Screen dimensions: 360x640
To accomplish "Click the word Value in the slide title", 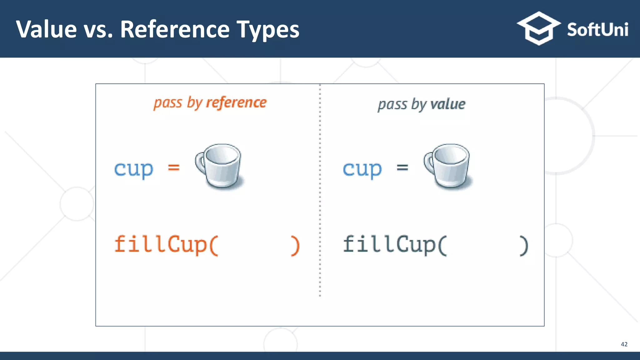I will [x=46, y=29].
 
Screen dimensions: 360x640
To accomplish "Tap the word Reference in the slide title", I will [x=175, y=29].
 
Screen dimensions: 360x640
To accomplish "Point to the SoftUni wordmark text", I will [x=597, y=30].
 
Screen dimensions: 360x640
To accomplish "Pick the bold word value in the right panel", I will [x=447, y=104].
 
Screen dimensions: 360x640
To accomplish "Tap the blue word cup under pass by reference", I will [x=133, y=169].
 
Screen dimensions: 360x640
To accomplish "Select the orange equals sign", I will [x=174, y=167].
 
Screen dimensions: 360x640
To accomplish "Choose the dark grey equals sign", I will [x=402, y=167].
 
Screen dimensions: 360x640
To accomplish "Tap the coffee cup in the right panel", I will [x=450, y=166].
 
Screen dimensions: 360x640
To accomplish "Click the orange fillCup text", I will [x=166, y=245].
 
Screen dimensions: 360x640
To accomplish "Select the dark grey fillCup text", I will [x=394, y=245].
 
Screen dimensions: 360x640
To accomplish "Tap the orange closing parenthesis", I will [x=295, y=246].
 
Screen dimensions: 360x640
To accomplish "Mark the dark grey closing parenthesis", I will [x=524, y=246].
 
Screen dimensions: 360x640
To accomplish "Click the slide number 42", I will [x=624, y=344].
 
